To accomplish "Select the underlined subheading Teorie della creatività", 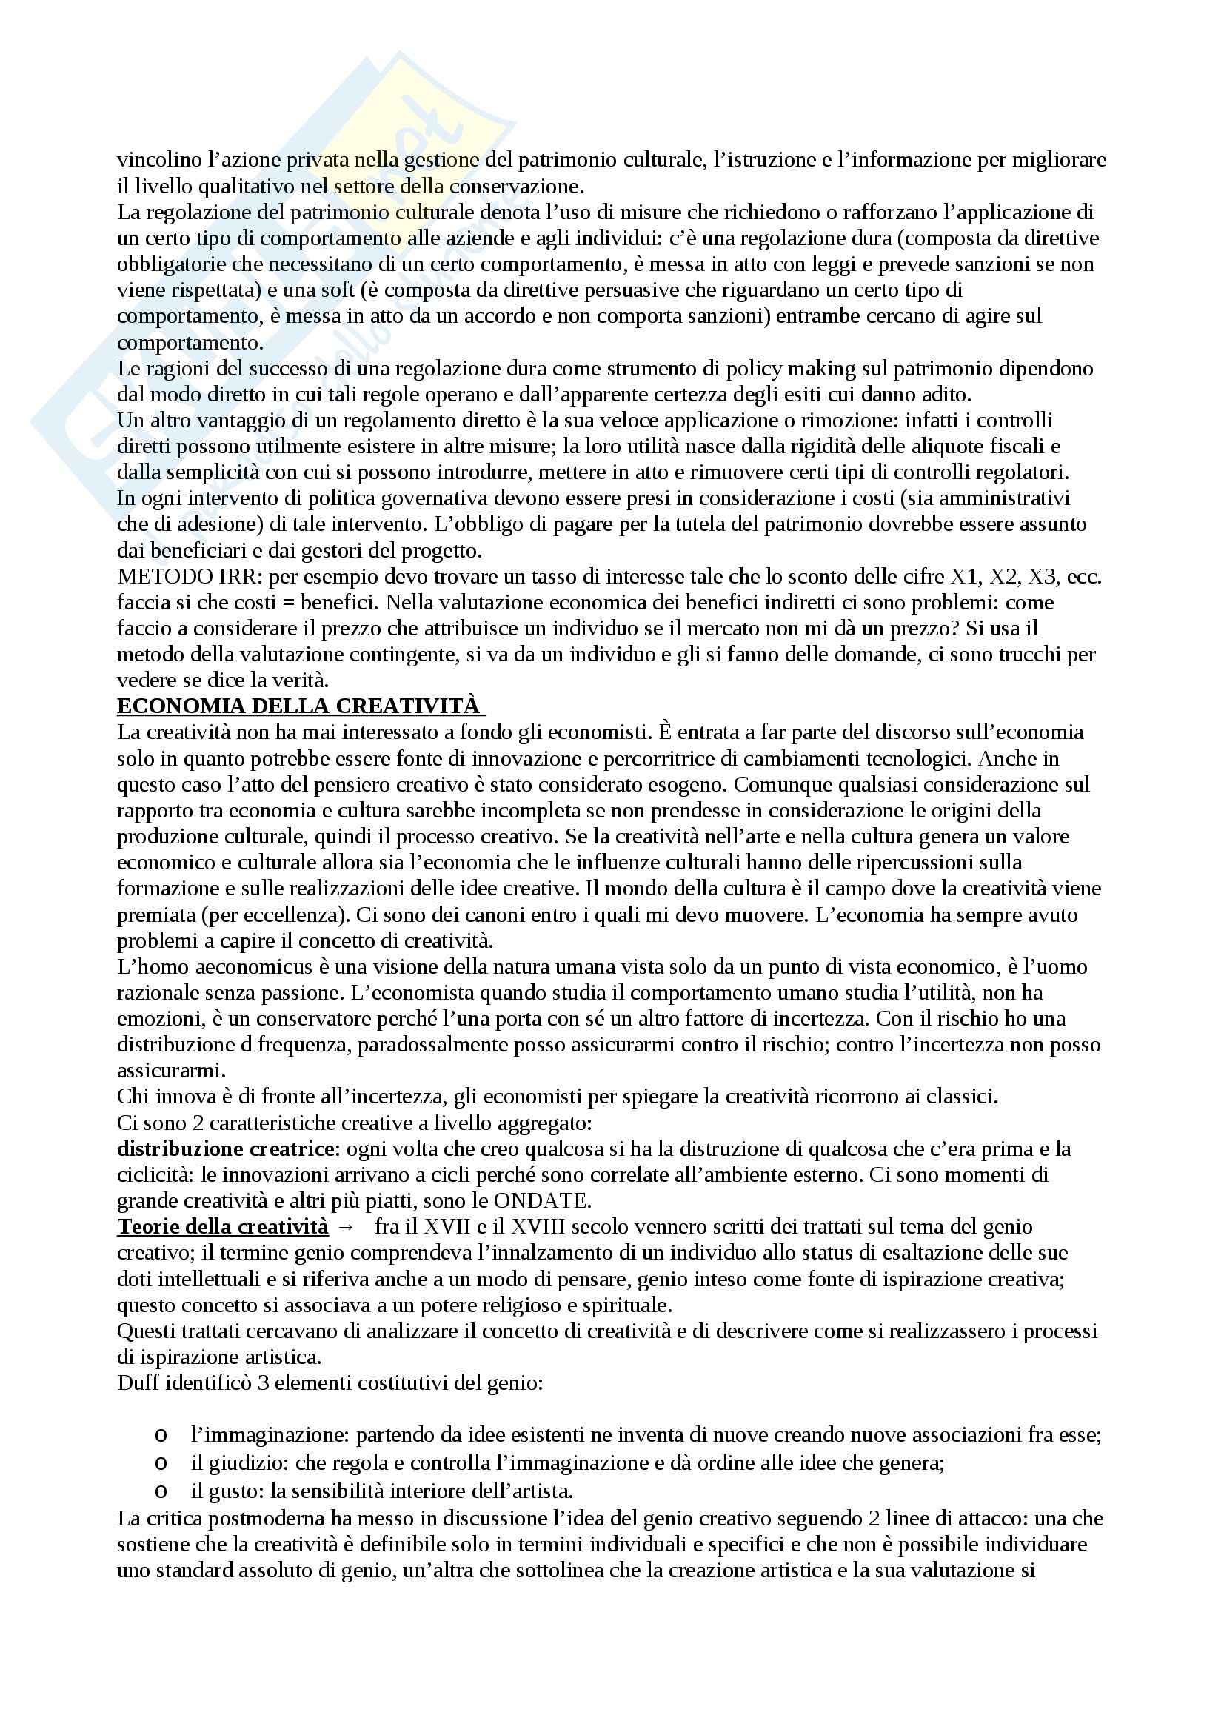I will [222, 1226].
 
